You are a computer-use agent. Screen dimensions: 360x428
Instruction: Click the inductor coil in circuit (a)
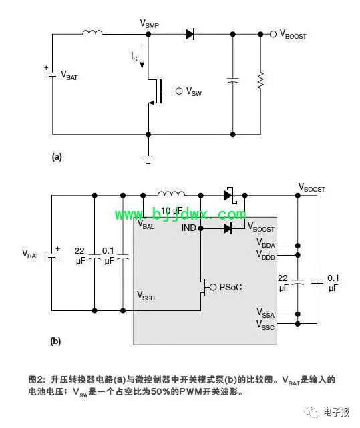pyautogui.click(x=92, y=33)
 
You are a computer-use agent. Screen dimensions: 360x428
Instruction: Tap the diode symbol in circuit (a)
pyautogui.click(x=190, y=34)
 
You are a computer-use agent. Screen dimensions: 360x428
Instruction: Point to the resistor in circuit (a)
pyautogui.click(x=260, y=81)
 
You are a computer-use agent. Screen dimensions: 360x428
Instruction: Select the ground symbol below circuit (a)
pyautogui.click(x=148, y=160)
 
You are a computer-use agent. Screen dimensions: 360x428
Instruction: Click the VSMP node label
pyautogui.click(x=149, y=24)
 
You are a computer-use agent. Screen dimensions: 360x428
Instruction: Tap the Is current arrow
pyautogui.click(x=142, y=57)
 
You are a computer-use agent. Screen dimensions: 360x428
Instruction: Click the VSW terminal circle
pyautogui.click(x=179, y=91)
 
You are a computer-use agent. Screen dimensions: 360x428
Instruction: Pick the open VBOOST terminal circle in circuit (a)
pyautogui.click(x=273, y=35)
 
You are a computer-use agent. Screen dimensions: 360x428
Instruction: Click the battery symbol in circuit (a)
pyautogui.click(x=52, y=75)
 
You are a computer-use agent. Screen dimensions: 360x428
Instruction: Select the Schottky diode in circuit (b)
pyautogui.click(x=230, y=196)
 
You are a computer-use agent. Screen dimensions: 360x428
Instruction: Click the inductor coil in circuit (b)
pyautogui.click(x=171, y=194)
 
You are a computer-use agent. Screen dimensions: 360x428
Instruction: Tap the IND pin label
pyautogui.click(x=188, y=228)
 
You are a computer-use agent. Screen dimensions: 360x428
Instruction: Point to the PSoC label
pyautogui.click(x=230, y=287)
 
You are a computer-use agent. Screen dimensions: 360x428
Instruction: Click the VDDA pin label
pyautogui.click(x=266, y=243)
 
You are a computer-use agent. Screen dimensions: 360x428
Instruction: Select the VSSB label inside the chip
pyautogui.click(x=146, y=296)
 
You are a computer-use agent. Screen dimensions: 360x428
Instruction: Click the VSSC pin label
pyautogui.click(x=265, y=325)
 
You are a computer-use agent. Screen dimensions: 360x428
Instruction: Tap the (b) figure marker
pyautogui.click(x=55, y=341)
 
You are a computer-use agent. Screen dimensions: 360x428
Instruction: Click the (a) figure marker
pyautogui.click(x=57, y=157)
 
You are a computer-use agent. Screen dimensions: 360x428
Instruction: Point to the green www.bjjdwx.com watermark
pyautogui.click(x=180, y=214)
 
